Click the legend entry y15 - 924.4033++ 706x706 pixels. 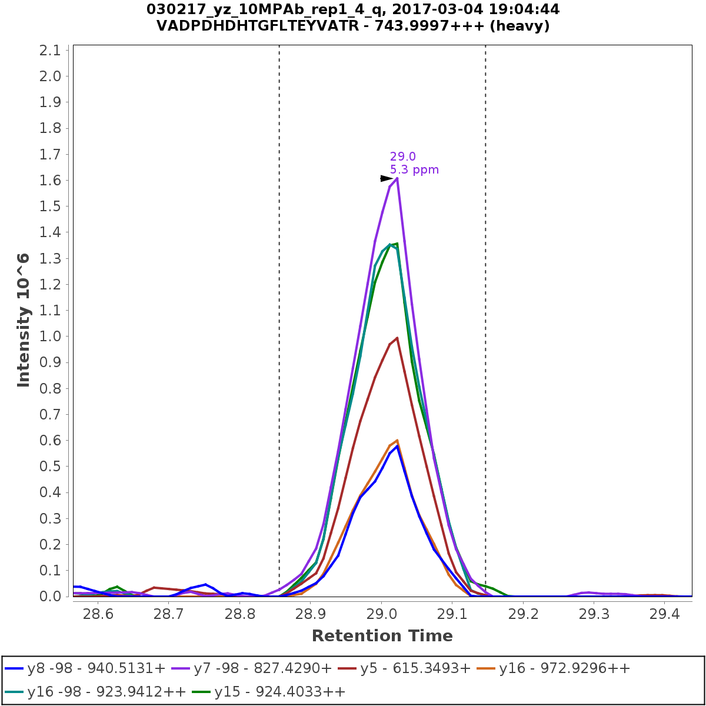point(280,691)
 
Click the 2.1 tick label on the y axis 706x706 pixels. point(50,51)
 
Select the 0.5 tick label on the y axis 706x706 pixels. point(50,467)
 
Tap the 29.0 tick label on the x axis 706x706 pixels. point(381,614)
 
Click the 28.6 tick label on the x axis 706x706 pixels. point(98,614)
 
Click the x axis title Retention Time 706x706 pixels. point(382,636)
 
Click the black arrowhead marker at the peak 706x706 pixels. point(387,178)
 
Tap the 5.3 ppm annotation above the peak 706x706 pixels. point(414,170)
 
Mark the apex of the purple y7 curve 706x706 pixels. point(397,178)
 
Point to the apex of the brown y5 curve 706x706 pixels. point(397,338)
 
